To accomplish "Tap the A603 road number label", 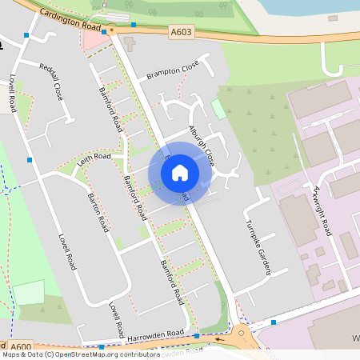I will pos(181,32).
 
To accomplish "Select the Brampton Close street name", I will pos(172,71).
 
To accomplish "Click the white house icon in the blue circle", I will pos(180,173).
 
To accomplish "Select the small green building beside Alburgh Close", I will pos(218,110).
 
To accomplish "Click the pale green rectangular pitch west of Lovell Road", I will pos(29,292).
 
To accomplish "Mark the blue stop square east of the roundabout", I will pos(274,322).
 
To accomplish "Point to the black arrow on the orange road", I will pos(111,29).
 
